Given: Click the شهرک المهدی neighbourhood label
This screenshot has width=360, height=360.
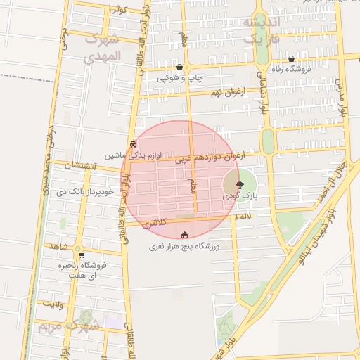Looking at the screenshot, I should pyautogui.click(x=103, y=47).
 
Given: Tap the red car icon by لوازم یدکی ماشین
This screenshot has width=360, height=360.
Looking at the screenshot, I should pyautogui.click(x=132, y=143).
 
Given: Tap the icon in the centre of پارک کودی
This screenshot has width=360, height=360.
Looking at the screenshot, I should pyautogui.click(x=240, y=185).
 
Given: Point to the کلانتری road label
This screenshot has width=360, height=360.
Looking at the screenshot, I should pyautogui.click(x=155, y=224).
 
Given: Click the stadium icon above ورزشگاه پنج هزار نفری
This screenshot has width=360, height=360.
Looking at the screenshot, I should pyautogui.click(x=185, y=235).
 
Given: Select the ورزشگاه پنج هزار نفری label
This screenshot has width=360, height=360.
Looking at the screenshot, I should pyautogui.click(x=185, y=247).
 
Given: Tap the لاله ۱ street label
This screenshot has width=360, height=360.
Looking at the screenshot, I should pyautogui.click(x=244, y=219).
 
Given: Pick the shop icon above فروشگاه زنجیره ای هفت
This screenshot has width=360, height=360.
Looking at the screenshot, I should pyautogui.click(x=82, y=255).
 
